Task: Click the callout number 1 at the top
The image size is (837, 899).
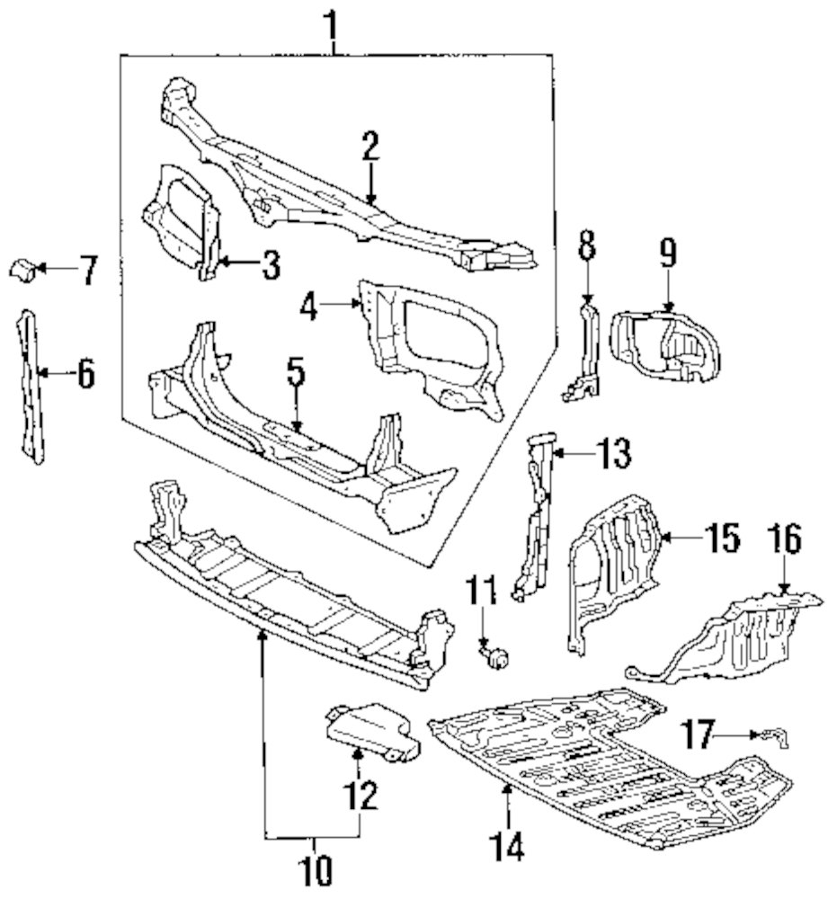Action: [332, 26]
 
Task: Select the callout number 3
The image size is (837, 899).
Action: [272, 265]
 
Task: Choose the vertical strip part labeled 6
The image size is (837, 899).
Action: [31, 387]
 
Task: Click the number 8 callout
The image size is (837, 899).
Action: [586, 244]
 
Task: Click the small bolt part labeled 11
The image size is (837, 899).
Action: [495, 654]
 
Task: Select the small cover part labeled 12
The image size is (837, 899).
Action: [372, 732]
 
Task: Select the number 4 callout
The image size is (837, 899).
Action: [309, 307]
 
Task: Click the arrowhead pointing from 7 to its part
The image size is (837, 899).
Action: [40, 267]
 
